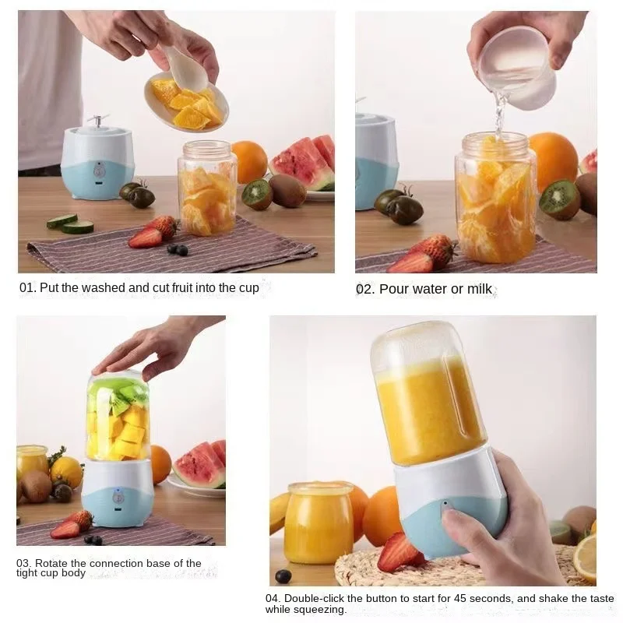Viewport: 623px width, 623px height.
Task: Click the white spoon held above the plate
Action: (x=185, y=70)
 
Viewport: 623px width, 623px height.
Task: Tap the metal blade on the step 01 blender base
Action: (x=97, y=121)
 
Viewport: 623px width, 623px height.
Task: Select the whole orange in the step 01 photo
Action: (x=248, y=162)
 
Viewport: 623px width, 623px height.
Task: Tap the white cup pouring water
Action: (x=517, y=66)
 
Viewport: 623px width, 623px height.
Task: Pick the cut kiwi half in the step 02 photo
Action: (x=560, y=199)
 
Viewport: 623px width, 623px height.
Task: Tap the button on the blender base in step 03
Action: (x=118, y=497)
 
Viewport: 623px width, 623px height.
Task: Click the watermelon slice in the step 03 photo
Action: (x=199, y=466)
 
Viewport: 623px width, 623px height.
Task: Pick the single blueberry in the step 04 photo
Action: (x=283, y=576)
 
